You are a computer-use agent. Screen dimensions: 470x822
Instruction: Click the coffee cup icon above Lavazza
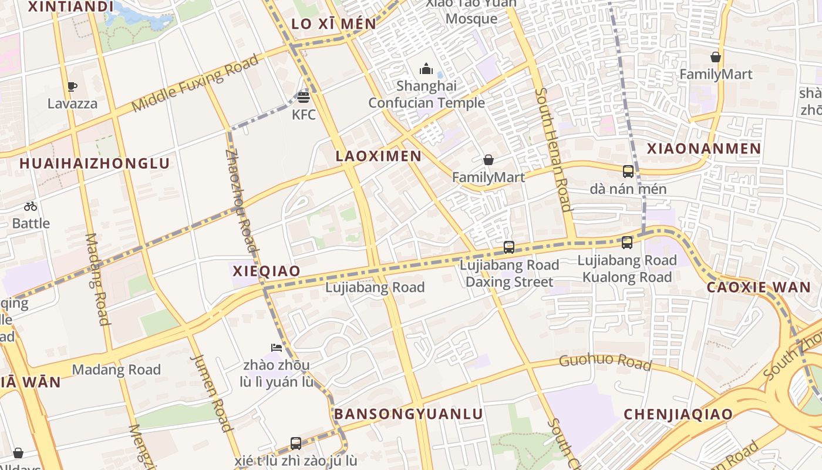pos(72,87)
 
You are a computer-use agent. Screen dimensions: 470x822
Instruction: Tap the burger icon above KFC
pos(304,97)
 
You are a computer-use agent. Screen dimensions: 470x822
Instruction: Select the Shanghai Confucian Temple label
pos(427,95)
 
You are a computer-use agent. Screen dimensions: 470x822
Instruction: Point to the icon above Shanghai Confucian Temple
pos(426,69)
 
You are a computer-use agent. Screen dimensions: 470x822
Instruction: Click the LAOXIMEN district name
pos(379,156)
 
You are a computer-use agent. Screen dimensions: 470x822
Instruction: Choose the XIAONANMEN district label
pos(704,149)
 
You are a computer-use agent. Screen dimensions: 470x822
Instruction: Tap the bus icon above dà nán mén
pos(628,172)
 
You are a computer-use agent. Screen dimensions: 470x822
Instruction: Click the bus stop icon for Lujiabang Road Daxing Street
pos(509,247)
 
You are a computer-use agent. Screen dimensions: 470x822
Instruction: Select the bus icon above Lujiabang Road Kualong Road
pos(627,242)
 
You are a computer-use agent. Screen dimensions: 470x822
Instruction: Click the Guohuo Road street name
pos(605,362)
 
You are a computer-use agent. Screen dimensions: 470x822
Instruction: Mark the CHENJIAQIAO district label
pos(678,414)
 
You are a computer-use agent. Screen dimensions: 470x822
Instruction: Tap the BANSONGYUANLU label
pos(409,414)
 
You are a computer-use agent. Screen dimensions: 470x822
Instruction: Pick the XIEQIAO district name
pos(267,271)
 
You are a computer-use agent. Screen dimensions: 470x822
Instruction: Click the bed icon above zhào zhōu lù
pos(277,348)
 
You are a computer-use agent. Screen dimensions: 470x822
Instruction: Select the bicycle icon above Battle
pos(31,206)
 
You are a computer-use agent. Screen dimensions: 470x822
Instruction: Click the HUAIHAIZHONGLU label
pos(95,163)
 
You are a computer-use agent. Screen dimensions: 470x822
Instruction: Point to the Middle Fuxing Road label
pos(195,83)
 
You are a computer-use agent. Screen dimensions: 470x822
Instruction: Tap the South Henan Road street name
pos(554,149)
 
